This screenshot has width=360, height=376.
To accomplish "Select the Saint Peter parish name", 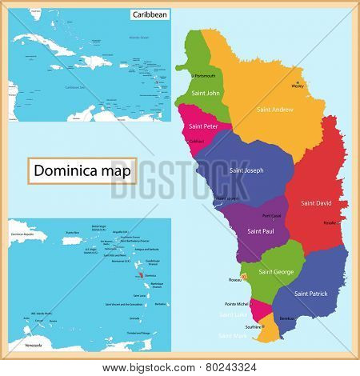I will (x=203, y=126).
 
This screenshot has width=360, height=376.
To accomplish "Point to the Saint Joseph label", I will (x=246, y=170).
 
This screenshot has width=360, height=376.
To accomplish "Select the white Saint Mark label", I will (x=234, y=335).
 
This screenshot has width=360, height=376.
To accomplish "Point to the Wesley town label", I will (x=298, y=86).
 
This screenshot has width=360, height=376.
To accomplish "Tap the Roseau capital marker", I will (x=246, y=278).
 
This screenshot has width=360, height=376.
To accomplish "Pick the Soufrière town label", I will (x=253, y=326).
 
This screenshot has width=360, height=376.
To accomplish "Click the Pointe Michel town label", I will (x=237, y=304).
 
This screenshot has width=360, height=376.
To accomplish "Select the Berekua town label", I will (x=288, y=318).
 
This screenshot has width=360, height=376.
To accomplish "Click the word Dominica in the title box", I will (x=62, y=170).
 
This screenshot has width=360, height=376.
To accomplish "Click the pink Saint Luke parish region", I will (x=258, y=308).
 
